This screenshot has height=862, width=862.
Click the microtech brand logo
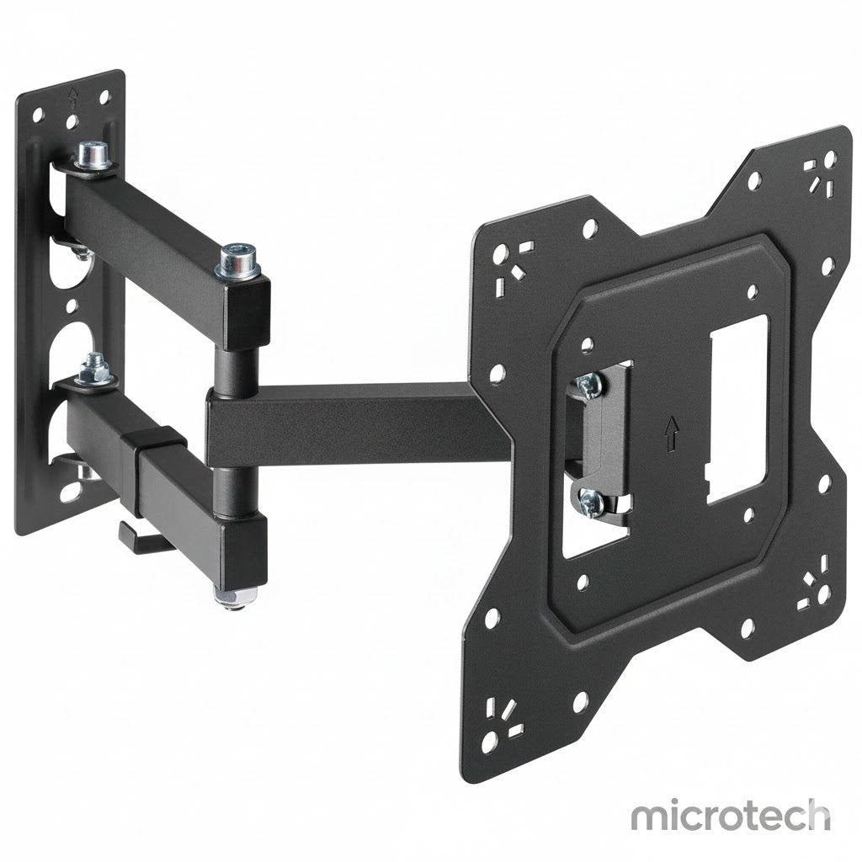point(730,816)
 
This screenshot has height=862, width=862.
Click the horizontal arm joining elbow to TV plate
point(354,418)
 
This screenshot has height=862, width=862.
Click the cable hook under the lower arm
point(135,536)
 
